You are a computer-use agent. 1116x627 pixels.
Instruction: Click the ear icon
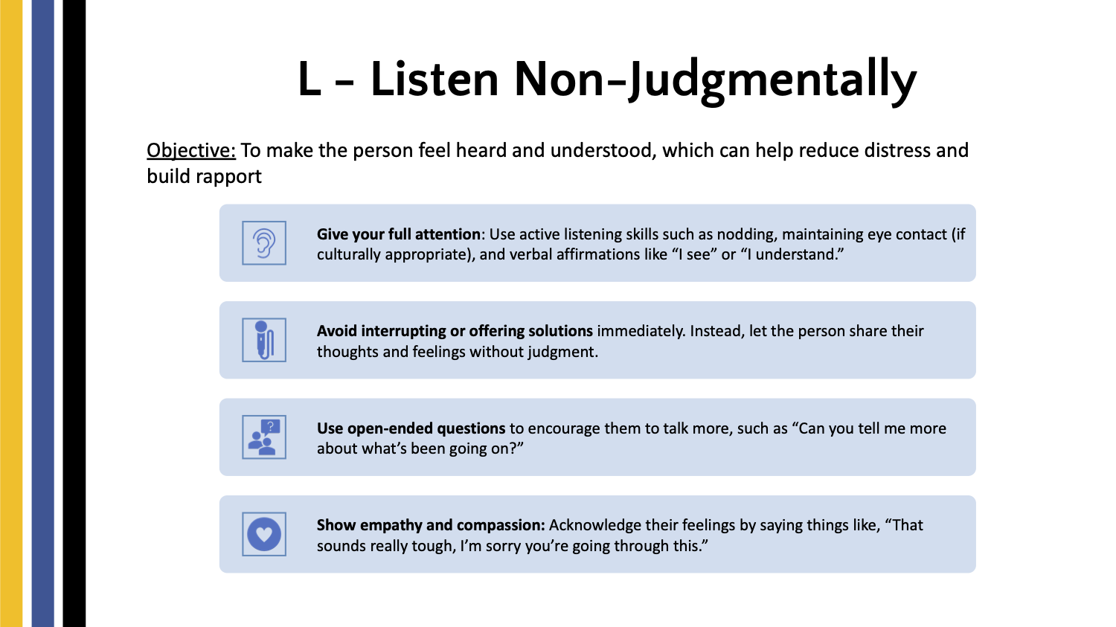click(x=264, y=243)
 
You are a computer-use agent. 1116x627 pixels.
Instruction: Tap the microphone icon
click(x=264, y=340)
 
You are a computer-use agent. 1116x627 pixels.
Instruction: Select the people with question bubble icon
click(x=264, y=437)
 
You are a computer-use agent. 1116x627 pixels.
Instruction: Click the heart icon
click(x=264, y=534)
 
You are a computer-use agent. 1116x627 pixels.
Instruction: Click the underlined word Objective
click(x=190, y=150)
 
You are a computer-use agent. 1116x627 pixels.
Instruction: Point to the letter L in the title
click(x=309, y=79)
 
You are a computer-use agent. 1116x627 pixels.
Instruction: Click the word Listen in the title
click(x=434, y=79)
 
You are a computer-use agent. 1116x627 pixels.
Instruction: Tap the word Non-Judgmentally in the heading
click(x=715, y=81)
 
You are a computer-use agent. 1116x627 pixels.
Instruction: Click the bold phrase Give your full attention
click(x=399, y=234)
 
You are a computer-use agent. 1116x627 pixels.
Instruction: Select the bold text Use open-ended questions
click(x=411, y=428)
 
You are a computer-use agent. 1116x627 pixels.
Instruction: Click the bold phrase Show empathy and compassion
click(x=431, y=525)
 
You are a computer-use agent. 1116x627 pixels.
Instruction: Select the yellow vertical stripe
click(x=11, y=314)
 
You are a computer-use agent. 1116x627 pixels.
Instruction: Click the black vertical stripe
click(x=74, y=314)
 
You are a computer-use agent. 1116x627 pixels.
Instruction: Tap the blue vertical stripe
click(x=43, y=314)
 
